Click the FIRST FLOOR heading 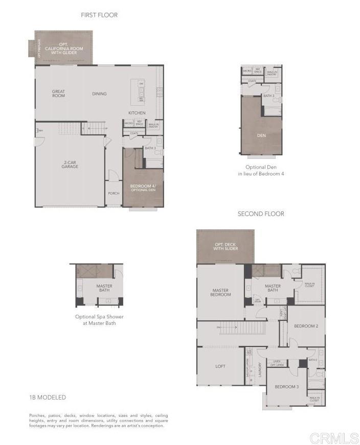(x=99, y=15)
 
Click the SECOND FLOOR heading (x=261, y=214)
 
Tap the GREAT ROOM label (x=58, y=94)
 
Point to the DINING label (x=99, y=94)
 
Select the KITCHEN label (x=137, y=113)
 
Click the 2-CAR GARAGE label (x=70, y=164)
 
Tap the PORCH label (x=114, y=193)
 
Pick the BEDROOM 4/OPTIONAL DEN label (x=143, y=188)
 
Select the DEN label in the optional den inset (x=261, y=135)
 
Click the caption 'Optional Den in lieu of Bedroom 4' (x=261, y=170)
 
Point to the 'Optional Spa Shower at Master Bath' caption (x=99, y=320)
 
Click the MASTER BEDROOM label (x=220, y=292)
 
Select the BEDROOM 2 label (x=306, y=326)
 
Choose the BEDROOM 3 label (x=286, y=387)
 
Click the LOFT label (x=220, y=366)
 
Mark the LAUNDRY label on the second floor (x=260, y=368)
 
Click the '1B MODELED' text (x=48, y=397)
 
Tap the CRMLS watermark (x=333, y=437)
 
